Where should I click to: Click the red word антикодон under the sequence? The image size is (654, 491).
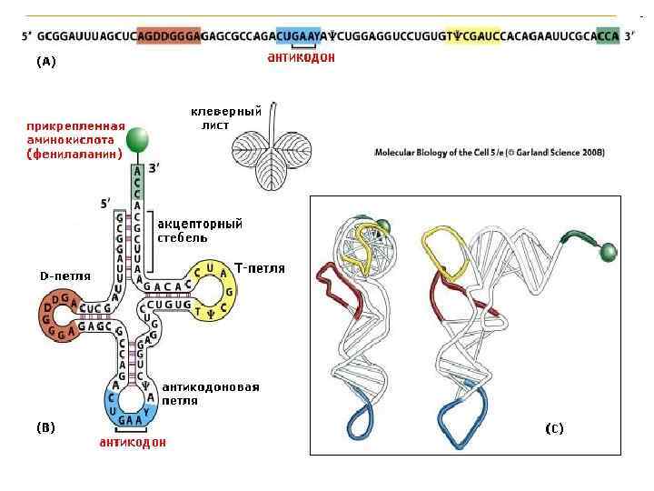(302, 57)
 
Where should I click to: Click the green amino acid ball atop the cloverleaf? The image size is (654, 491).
(136, 140)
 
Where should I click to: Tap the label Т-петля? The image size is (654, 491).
(260, 268)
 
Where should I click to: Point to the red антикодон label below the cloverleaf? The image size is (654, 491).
(133, 443)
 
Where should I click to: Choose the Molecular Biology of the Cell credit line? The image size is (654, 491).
(490, 153)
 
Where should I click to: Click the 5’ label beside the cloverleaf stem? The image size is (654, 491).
(105, 203)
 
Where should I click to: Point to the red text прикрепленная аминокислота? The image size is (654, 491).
(74, 140)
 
